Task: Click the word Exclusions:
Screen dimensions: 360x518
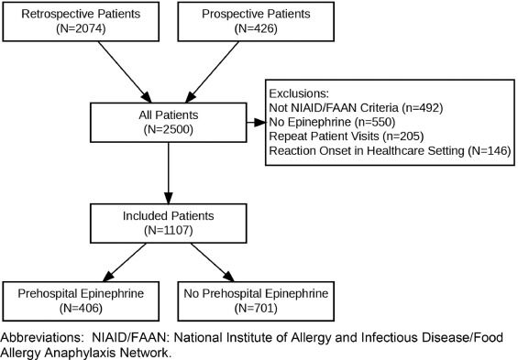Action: click(300, 93)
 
